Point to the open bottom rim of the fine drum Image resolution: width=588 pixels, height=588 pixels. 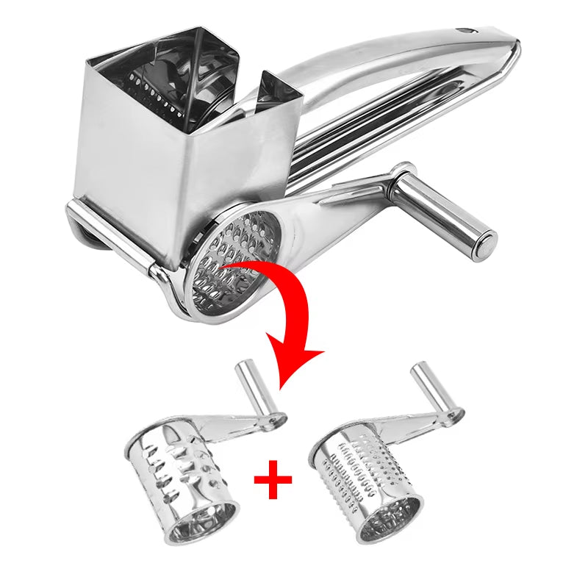387,522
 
